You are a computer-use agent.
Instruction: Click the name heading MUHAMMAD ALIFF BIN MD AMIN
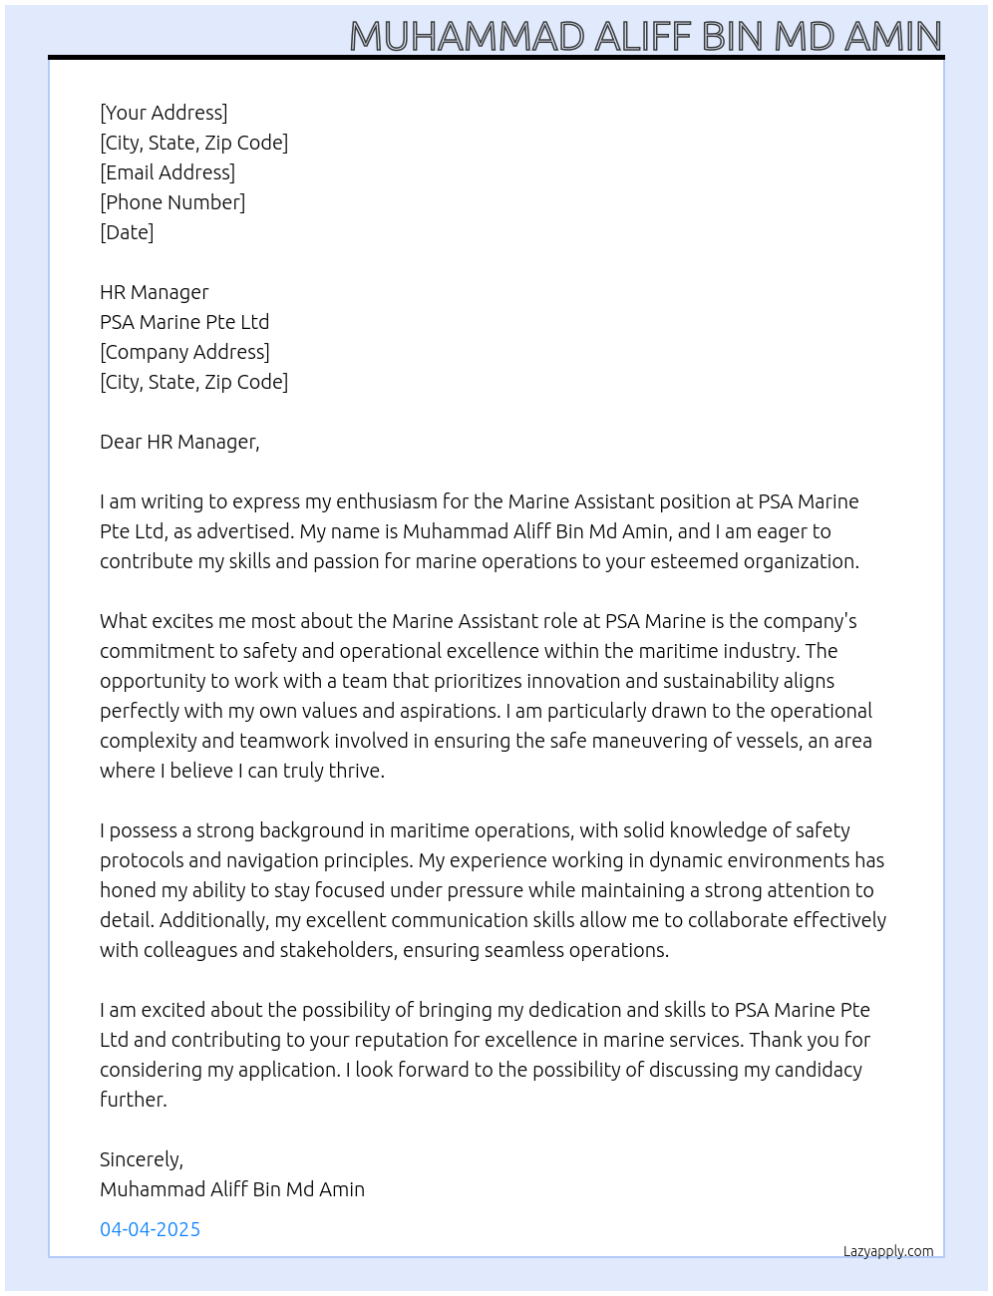pos(645,37)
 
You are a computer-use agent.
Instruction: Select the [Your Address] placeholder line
pos(164,113)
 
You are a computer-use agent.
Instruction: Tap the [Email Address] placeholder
pos(167,172)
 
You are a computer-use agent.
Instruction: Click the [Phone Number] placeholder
pos(172,202)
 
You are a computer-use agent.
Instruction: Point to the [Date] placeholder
pos(127,232)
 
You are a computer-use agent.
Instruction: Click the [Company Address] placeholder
pos(184,352)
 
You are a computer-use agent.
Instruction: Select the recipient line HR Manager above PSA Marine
pos(155,292)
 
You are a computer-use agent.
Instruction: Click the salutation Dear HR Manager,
pos(179,442)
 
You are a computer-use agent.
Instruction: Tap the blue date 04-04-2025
pos(151,1229)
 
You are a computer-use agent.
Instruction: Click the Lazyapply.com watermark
pos(888,1251)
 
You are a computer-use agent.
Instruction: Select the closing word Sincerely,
pos(142,1159)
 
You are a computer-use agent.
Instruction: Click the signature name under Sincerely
pos(232,1189)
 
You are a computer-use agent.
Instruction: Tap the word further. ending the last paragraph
pos(134,1100)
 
